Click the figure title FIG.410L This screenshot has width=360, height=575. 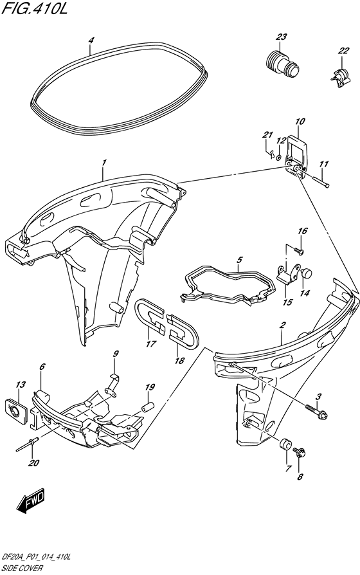click(35, 9)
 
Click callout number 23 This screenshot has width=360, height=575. click(281, 37)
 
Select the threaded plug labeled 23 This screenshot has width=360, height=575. click(282, 64)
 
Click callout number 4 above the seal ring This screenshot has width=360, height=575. click(91, 40)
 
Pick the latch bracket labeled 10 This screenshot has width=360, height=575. click(298, 156)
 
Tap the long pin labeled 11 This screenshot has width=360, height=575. click(321, 182)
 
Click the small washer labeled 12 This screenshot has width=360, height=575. click(278, 158)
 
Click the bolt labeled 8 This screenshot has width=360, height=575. click(300, 453)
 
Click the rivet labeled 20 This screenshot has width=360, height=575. click(26, 445)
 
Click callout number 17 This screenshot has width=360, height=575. click(150, 344)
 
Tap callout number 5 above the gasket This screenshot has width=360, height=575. click(239, 260)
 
